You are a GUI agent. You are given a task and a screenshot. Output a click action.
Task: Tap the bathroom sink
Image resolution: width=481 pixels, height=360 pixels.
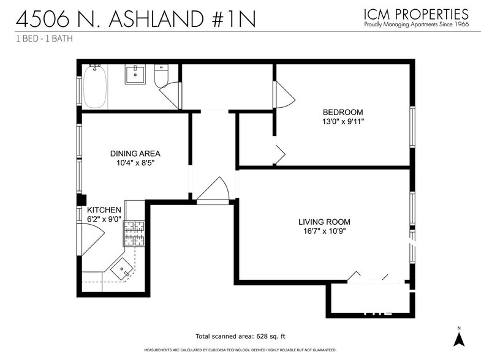(x=134, y=75)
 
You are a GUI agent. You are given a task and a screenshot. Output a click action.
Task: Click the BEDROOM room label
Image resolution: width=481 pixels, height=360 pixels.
(x=343, y=112)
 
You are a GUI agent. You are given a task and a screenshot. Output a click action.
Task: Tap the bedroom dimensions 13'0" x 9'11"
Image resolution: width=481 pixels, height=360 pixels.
(x=343, y=121)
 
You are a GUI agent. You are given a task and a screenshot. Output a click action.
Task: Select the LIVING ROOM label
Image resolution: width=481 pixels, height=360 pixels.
(x=324, y=222)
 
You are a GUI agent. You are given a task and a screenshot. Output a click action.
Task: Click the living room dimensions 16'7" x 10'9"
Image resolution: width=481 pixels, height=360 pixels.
(x=324, y=231)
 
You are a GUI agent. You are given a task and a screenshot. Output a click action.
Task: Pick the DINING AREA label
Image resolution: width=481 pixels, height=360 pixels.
(x=135, y=154)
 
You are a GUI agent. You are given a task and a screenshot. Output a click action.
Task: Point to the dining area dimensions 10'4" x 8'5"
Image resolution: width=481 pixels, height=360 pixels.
(x=135, y=163)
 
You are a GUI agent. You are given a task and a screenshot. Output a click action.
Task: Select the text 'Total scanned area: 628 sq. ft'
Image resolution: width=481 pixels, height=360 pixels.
(x=240, y=337)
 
